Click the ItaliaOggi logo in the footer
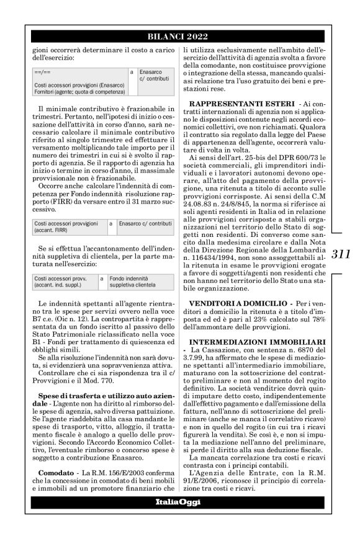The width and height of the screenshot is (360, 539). click(x=179, y=519)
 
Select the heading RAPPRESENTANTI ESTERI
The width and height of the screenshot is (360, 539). click(x=242, y=102)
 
